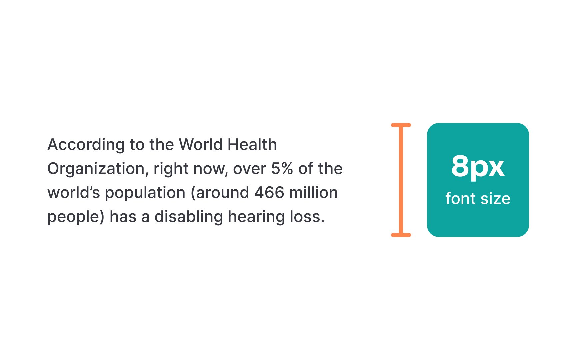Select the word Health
click(252, 145)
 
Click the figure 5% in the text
click(282, 169)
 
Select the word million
click(313, 193)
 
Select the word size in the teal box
click(495, 199)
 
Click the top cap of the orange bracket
click(401, 125)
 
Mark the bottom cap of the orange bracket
click(401, 235)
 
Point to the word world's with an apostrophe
click(74, 193)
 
